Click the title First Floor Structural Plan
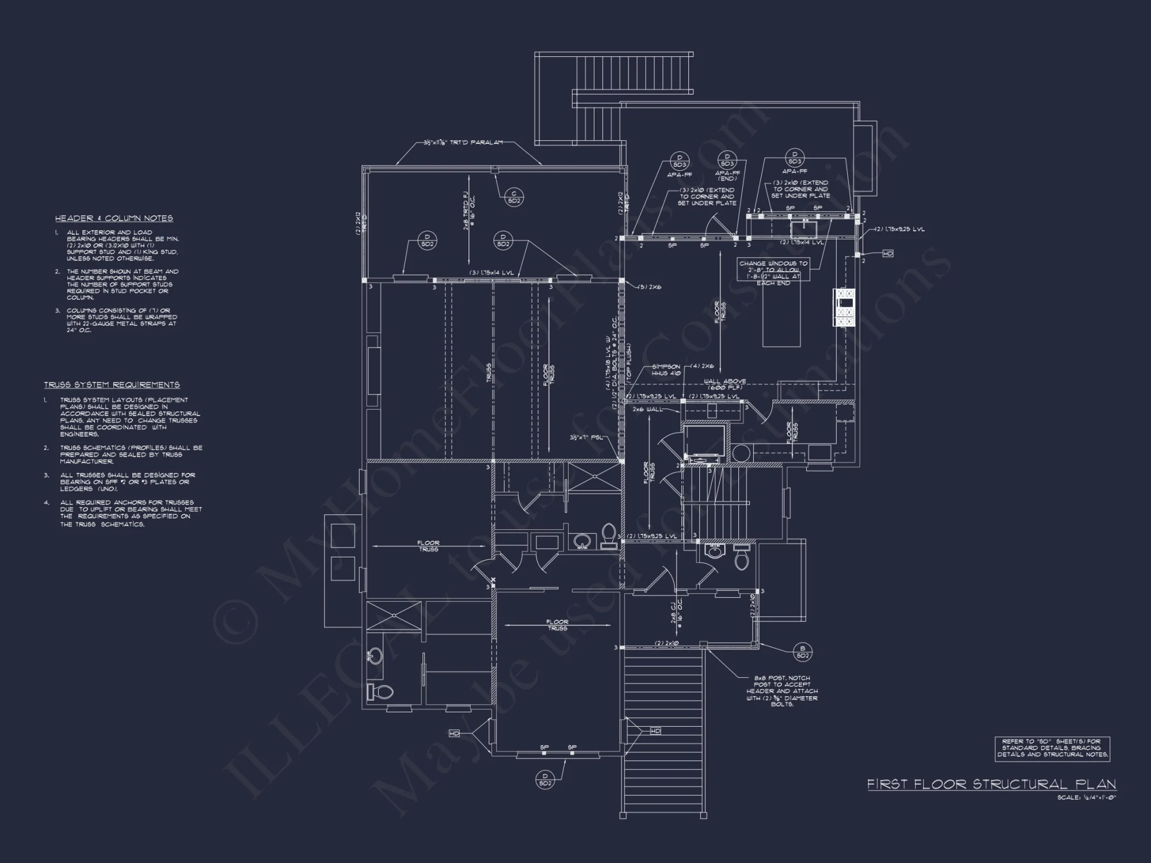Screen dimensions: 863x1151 992,784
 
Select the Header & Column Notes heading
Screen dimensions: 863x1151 114,218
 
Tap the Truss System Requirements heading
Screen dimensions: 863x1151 112,384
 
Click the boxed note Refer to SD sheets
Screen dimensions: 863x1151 1052,749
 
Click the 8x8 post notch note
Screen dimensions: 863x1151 782,691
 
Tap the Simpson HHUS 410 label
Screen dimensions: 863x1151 666,369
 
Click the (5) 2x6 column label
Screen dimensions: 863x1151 650,287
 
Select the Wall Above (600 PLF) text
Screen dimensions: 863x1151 725,384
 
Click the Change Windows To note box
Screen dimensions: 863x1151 773,273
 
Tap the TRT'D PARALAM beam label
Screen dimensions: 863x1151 463,142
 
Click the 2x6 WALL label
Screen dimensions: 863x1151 647,409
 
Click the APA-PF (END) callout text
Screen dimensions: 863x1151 727,175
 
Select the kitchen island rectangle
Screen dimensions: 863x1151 781,314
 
